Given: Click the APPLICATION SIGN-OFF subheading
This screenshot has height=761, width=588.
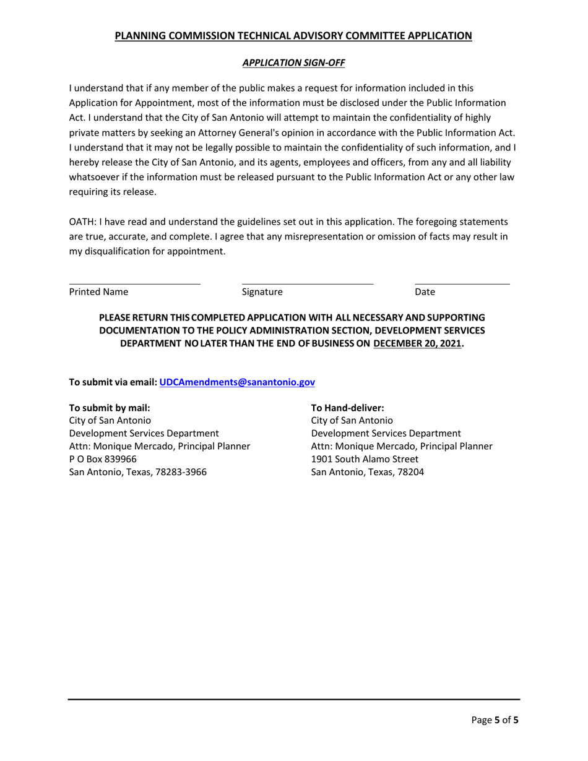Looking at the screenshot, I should [x=293, y=62].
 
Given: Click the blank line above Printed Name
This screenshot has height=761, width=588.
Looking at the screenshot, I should [x=134, y=283].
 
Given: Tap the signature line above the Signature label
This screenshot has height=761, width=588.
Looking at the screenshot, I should [x=308, y=283].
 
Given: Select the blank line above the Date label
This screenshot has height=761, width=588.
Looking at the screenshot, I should [x=462, y=283].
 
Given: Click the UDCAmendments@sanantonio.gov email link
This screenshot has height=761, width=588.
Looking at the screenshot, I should [x=237, y=382].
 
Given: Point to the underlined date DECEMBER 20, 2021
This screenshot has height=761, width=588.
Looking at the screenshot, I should [x=418, y=343].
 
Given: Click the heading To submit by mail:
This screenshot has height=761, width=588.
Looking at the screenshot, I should [x=110, y=408].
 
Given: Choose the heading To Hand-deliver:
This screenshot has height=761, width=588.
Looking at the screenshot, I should [x=348, y=408].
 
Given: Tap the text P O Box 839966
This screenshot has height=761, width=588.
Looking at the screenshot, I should [x=103, y=459].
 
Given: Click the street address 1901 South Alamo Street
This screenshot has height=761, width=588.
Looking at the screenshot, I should [x=365, y=459].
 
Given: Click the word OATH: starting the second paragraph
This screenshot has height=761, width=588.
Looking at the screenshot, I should [x=81, y=221].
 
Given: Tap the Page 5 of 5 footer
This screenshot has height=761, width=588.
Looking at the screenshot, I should [x=495, y=720].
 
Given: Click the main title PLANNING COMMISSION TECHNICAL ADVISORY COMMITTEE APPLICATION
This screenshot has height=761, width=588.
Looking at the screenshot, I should [x=293, y=36].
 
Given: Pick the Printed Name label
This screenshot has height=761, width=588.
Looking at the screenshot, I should [x=99, y=292].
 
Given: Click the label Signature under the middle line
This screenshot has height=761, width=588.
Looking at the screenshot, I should [x=262, y=292].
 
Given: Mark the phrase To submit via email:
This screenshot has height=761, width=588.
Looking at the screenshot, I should [x=113, y=382].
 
